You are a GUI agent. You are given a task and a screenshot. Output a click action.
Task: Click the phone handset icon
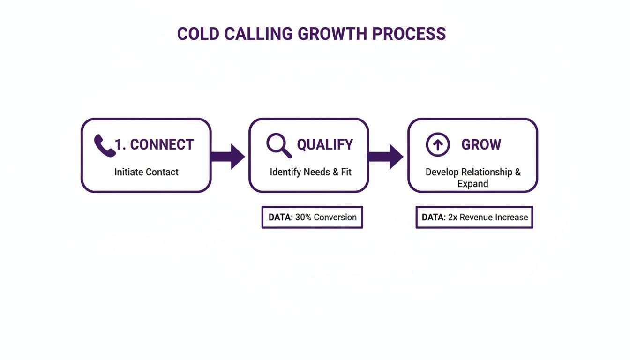point(104,145)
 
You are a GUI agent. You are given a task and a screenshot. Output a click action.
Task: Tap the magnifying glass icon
point(279,145)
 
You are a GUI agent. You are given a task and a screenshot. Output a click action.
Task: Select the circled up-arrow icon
point(437,144)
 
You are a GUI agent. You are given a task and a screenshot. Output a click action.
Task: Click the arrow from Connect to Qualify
point(229,156)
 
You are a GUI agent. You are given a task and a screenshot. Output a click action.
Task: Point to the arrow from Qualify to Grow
point(387,156)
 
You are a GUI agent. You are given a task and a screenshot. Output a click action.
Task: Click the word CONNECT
point(161,145)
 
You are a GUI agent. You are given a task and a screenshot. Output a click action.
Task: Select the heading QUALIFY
point(325,145)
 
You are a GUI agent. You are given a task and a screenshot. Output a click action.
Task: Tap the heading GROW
point(481,145)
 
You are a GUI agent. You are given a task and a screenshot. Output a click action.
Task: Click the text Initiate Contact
point(146,172)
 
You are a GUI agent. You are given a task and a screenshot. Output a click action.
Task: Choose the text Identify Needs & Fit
point(310,172)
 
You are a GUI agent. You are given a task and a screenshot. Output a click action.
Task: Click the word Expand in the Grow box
point(472,184)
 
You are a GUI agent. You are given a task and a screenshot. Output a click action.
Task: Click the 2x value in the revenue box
point(452,217)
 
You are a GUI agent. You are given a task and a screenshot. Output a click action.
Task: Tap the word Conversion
point(335,217)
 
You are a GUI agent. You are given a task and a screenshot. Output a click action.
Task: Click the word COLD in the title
point(197,34)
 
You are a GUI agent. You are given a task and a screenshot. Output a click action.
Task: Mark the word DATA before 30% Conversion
point(280,217)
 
